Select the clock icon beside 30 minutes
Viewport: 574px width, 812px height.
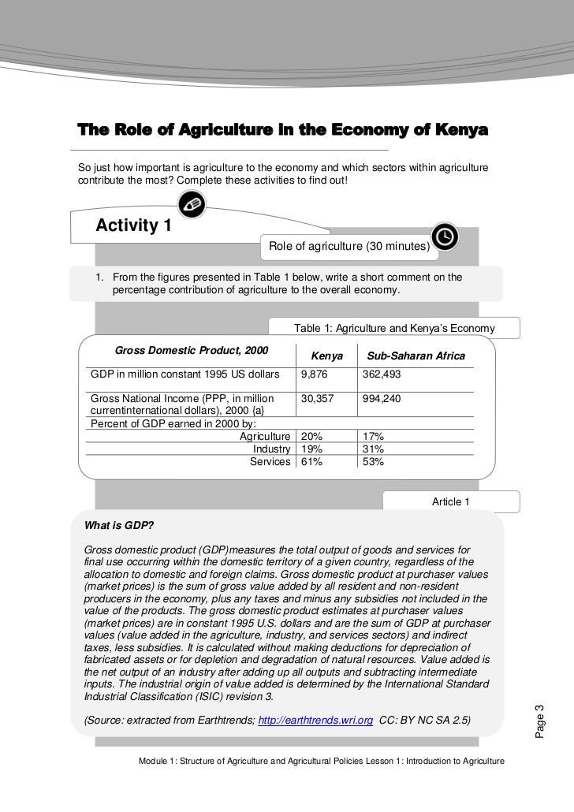pyautogui.click(x=444, y=237)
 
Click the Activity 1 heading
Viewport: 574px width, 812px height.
pyautogui.click(x=133, y=226)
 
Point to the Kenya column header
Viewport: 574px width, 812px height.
pyautogui.click(x=327, y=356)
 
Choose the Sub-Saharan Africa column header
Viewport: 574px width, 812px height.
pyautogui.click(x=416, y=356)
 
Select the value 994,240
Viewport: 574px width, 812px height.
pyautogui.click(x=382, y=400)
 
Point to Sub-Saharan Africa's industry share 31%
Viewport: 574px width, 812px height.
pyautogui.click(x=373, y=449)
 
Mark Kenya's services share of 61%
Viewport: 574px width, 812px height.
pyautogui.click(x=311, y=461)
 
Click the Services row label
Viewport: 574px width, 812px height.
pyautogui.click(x=270, y=461)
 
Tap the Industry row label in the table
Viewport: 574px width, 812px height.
pyautogui.click(x=271, y=449)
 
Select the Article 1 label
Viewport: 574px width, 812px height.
pyautogui.click(x=451, y=501)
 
